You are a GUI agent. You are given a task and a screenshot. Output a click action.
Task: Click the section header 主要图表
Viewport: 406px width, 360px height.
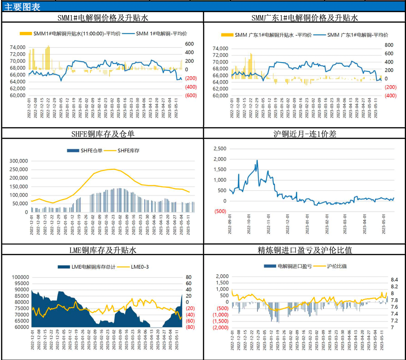(x=22, y=7)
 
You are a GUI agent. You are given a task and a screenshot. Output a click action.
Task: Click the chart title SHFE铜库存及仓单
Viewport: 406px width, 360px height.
(x=103, y=134)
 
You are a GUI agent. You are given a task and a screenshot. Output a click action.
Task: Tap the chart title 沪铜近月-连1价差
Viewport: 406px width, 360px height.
(x=305, y=134)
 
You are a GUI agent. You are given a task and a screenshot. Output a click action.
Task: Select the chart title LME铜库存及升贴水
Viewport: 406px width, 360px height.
(x=103, y=250)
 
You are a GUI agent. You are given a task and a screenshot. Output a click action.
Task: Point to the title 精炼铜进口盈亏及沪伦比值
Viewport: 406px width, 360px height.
(x=305, y=250)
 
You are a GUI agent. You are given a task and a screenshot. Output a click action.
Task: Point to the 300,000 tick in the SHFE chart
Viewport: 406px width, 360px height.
(x=19, y=161)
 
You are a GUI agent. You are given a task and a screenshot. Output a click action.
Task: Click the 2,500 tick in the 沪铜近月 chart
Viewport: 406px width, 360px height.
(x=220, y=149)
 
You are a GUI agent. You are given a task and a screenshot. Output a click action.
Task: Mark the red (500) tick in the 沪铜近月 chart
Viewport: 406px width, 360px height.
(x=220, y=211)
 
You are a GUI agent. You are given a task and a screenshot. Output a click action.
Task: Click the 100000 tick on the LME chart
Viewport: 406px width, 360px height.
(x=20, y=277)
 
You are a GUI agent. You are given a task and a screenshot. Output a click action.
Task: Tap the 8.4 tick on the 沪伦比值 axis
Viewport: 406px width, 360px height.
(x=394, y=280)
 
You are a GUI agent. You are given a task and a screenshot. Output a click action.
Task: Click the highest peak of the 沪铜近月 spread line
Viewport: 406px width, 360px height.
(x=257, y=160)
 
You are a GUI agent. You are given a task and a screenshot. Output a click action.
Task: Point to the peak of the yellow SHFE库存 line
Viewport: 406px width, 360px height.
(x=114, y=169)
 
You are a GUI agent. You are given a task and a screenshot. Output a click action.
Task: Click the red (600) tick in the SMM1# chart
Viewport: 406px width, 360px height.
(x=191, y=96)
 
